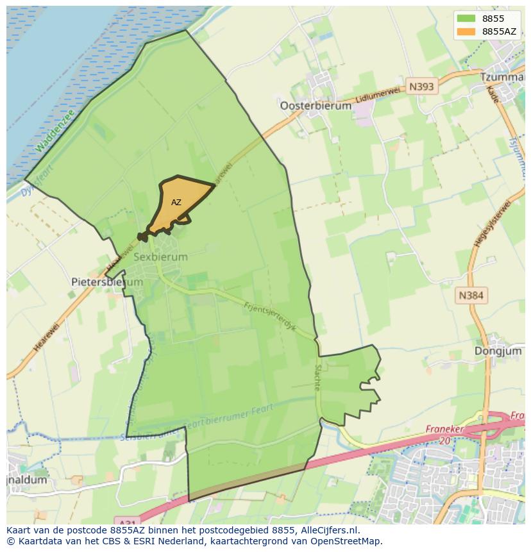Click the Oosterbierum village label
coord(316,106)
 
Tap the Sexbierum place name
coord(161,256)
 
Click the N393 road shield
coord(421,87)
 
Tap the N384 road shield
coord(471,296)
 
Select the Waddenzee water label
coord(55,131)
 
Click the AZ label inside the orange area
coord(176,203)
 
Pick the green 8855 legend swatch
coord(466,19)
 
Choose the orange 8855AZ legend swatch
coord(466,31)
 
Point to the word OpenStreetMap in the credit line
coord(348,541)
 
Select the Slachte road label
coord(317,378)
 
